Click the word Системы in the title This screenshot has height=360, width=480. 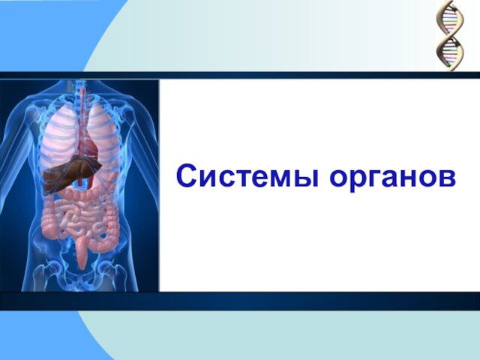pos(247,175)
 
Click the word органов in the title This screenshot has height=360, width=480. pos(393,178)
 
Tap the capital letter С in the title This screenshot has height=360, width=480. pos(186,175)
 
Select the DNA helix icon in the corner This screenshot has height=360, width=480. pos(450,35)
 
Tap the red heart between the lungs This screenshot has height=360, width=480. pos(90,146)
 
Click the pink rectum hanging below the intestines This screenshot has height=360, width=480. pos(82,252)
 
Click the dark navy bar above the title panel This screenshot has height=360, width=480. pos(240,75)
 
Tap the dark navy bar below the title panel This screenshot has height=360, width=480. pos(240,301)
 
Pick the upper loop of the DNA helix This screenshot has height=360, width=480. pos(450,18)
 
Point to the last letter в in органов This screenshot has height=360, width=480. pos(446,178)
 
